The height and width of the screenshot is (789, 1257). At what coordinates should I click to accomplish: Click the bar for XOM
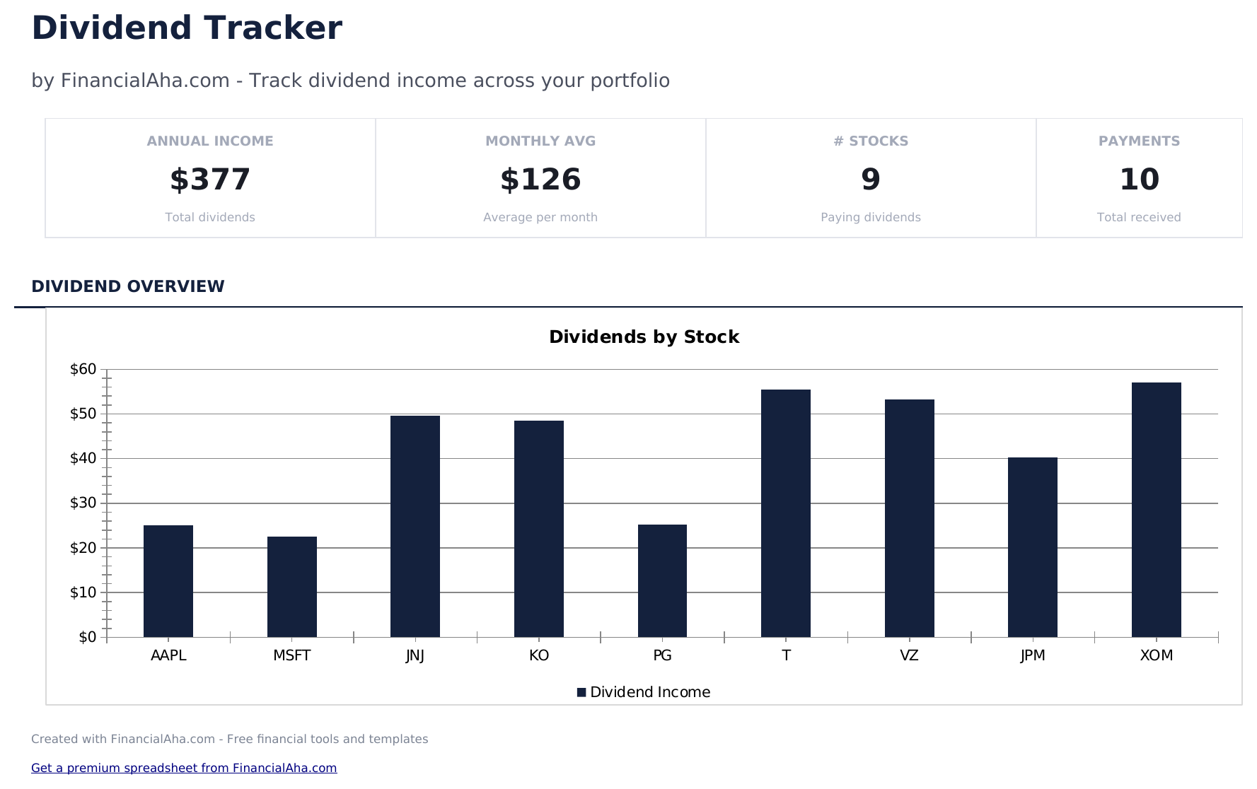[x=1156, y=510]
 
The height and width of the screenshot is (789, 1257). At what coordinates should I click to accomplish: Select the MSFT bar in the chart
[x=291, y=587]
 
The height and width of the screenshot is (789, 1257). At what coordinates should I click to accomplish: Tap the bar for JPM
[x=1032, y=547]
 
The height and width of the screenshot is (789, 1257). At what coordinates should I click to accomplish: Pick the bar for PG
[x=662, y=580]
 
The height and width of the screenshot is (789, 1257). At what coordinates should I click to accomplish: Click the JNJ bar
[x=415, y=526]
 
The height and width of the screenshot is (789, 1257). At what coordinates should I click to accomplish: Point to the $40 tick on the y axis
[x=83, y=458]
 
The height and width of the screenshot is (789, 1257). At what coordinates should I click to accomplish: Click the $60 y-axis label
[x=83, y=369]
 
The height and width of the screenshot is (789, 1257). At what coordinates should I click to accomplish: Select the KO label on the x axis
[x=538, y=655]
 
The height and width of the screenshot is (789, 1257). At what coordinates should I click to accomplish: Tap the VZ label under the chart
[x=909, y=655]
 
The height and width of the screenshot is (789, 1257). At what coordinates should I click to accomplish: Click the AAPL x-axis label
[x=168, y=655]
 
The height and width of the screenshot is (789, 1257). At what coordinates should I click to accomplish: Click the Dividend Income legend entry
[x=644, y=692]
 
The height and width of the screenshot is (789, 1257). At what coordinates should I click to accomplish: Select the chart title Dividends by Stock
[x=644, y=337]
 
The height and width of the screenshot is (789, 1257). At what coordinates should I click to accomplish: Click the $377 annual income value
[x=210, y=180]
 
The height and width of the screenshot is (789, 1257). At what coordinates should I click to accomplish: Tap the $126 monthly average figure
[x=540, y=180]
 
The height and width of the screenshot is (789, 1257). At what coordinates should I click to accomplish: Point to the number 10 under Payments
[x=1139, y=180]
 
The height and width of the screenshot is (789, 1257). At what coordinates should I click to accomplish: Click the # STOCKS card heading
[x=871, y=141]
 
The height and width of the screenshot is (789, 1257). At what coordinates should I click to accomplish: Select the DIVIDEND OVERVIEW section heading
[x=128, y=286]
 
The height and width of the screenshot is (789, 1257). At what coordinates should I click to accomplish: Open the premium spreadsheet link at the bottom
[x=184, y=768]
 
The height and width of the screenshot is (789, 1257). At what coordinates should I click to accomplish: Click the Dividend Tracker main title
[x=187, y=28]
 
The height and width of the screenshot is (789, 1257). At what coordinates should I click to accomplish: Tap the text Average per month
[x=540, y=217]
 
